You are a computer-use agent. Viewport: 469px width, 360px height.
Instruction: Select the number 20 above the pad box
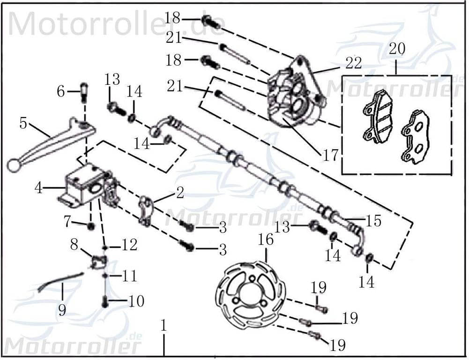pos(397,49)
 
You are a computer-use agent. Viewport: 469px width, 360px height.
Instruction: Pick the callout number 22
pos(354,62)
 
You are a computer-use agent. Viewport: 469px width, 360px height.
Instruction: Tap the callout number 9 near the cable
pos(62,310)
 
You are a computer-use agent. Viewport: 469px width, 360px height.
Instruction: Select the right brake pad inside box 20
pos(414,137)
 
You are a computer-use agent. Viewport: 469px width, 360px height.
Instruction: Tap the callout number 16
pos(266,240)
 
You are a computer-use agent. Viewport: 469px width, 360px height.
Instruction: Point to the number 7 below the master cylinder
pos(67,221)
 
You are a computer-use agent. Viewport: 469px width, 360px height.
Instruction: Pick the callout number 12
pos(130,245)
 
